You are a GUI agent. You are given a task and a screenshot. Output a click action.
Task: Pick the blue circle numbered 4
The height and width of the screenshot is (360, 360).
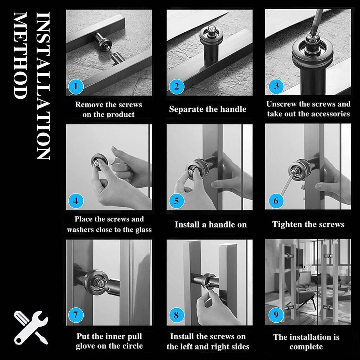76,201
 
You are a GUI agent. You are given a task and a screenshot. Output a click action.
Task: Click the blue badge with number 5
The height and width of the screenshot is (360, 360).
176,201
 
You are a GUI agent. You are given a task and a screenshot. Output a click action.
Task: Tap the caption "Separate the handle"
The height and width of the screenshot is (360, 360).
207,109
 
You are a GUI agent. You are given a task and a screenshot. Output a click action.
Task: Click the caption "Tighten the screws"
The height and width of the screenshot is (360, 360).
308,224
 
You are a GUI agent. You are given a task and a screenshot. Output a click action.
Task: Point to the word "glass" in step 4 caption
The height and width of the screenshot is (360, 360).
141,230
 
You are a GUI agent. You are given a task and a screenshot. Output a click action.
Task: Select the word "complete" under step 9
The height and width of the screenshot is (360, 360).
306,347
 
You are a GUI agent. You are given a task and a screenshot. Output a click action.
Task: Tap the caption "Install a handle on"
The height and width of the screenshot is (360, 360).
211,224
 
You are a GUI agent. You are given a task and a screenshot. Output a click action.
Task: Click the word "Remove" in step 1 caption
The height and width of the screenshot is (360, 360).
89,104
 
